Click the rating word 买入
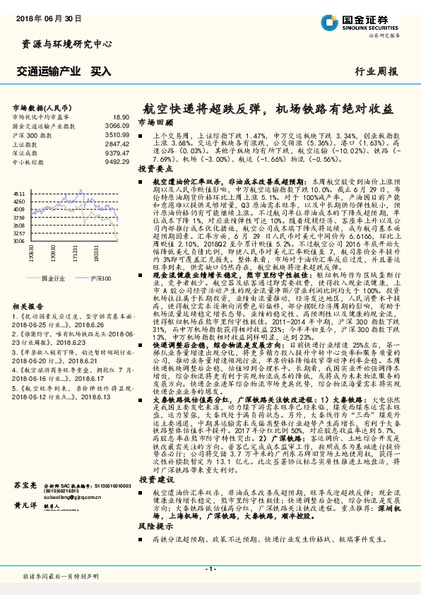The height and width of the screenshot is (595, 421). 101,71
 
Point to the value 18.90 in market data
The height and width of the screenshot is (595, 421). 121,117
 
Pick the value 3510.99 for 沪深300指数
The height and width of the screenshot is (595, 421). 117,134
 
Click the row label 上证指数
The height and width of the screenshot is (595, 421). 26,142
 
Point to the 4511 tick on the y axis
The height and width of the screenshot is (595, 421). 20,193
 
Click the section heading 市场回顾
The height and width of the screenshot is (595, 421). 153,122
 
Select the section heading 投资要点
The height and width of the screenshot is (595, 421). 153,170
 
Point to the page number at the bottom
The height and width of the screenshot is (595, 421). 210,568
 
